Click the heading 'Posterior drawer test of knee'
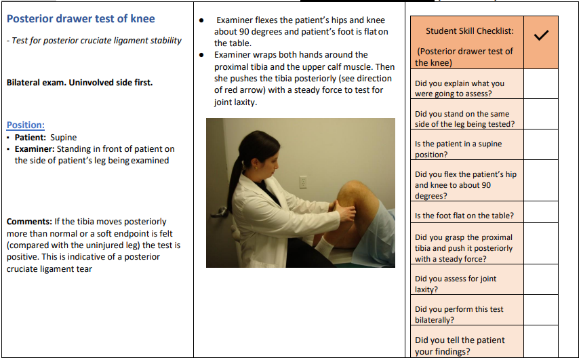pos(81,19)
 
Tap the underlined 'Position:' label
pos(26,125)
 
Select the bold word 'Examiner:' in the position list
pos(35,149)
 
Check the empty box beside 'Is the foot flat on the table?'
pos(541,216)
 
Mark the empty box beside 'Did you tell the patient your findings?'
pos(541,344)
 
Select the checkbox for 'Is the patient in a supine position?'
pos(541,149)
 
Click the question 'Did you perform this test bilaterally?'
pos(459,315)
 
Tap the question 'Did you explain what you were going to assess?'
pos(459,88)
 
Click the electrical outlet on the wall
pos(303,182)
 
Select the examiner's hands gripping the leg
pos(344,216)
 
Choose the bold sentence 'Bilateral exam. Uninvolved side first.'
pos(79,83)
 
